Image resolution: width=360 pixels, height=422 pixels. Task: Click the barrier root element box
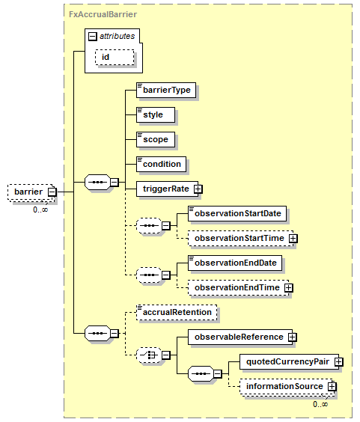pos(31,192)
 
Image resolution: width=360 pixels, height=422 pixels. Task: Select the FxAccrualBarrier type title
pos(103,14)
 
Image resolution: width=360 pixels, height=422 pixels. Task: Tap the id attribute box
pos(115,57)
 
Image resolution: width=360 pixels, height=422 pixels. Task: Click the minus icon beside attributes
pos(92,37)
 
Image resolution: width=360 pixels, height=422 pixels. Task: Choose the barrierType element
pos(166,90)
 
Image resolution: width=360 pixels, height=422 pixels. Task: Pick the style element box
pos(156,114)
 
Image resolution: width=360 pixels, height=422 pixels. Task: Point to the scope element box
pos(156,139)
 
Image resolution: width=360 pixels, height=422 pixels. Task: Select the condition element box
pos(161,164)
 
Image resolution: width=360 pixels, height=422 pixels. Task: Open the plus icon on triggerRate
pos(198,189)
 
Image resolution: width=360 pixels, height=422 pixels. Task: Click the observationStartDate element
pos(237,214)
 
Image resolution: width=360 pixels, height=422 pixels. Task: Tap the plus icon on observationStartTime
pos(293,239)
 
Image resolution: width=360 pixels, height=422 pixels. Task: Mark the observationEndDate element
pos(235,263)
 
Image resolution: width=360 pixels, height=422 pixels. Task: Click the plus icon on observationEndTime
pos(288,288)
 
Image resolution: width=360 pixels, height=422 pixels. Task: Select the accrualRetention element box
pos(177,313)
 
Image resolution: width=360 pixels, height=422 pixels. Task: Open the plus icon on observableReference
pos(292,337)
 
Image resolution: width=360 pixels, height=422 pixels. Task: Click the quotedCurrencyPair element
pos(289,361)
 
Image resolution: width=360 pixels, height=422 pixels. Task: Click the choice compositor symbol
pos(149,355)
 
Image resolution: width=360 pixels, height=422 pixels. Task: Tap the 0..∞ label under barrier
pos(40,210)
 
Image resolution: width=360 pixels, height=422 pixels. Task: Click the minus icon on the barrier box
pos(52,192)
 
